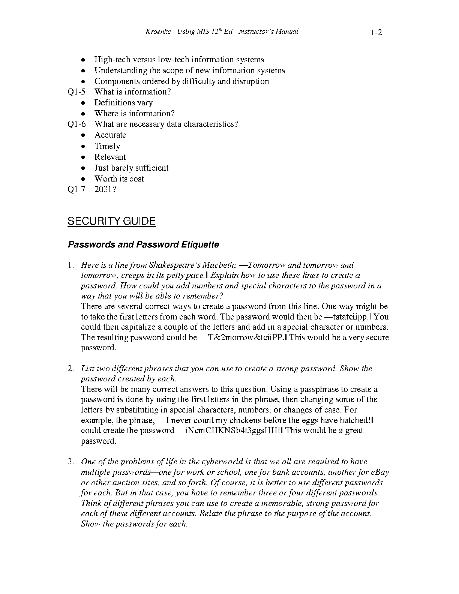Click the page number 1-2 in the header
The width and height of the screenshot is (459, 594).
click(x=376, y=33)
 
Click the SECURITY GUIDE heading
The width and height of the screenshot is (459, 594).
click(x=111, y=221)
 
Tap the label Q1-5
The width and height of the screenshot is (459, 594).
click(x=76, y=92)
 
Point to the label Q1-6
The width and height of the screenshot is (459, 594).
click(x=76, y=124)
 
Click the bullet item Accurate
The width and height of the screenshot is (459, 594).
click(x=110, y=135)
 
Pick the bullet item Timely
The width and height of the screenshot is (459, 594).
click(x=107, y=146)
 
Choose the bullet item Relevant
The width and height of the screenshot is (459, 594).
click(x=110, y=157)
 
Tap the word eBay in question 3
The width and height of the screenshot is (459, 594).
click(x=379, y=472)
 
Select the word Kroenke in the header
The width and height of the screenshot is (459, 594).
click(x=157, y=32)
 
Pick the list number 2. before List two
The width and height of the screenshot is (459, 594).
click(x=71, y=369)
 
